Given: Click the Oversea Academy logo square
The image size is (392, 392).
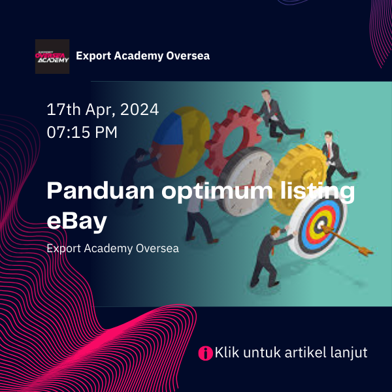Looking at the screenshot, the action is pos(52,56).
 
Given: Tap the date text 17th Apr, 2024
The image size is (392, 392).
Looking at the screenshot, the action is pos(103,110).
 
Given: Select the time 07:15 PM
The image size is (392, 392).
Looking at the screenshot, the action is pos(82,132).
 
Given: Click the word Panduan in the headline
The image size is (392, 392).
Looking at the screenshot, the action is pos(101,191).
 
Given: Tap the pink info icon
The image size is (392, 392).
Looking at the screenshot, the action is pos(206,353).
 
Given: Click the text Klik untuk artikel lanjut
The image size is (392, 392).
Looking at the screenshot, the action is pos(291,353).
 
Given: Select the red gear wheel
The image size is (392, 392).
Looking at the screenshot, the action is pos(233,140).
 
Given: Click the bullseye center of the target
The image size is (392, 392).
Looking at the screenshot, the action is pos(321,225).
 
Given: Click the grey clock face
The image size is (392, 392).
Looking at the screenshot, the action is pos(246,180).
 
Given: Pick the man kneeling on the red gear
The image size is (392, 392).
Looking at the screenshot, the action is pos(278,115).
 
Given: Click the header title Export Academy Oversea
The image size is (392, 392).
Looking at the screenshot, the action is pos(142,56).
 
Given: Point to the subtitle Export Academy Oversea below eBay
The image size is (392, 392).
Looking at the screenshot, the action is pos(113,249).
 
